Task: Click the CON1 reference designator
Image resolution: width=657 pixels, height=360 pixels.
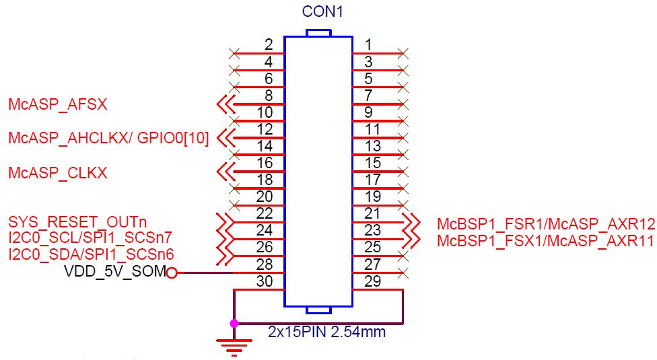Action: (x=322, y=11)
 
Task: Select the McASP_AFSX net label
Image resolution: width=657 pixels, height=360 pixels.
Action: (x=58, y=104)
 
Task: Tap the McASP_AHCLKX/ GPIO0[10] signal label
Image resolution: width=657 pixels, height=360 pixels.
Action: (x=108, y=138)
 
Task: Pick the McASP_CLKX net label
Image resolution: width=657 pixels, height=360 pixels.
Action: (x=58, y=173)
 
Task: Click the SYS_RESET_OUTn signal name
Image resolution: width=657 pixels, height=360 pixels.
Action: (x=77, y=222)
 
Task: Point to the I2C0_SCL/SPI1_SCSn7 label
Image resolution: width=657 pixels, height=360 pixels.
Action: (x=90, y=238)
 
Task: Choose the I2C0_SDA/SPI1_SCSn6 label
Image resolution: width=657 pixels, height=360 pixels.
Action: (x=91, y=254)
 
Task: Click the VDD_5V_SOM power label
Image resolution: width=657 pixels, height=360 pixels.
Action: (x=115, y=271)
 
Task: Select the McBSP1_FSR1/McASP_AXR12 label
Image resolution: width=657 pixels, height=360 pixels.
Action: (x=546, y=224)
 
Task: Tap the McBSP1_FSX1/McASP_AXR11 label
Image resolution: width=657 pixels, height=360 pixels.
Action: (x=545, y=241)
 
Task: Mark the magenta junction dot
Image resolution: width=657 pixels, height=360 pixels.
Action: (x=234, y=323)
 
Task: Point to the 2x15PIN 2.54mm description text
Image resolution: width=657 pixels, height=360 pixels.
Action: (x=327, y=332)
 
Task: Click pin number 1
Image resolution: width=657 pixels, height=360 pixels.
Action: (x=368, y=44)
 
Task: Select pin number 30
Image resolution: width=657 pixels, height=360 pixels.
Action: (x=265, y=281)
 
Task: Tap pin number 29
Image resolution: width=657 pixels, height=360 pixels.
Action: (x=372, y=281)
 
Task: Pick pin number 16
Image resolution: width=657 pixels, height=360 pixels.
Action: (x=265, y=163)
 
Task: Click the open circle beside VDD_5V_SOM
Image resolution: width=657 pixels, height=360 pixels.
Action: (x=172, y=273)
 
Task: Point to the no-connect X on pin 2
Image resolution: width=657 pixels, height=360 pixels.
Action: (x=235, y=53)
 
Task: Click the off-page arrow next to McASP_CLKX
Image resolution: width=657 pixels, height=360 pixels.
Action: (x=226, y=172)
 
